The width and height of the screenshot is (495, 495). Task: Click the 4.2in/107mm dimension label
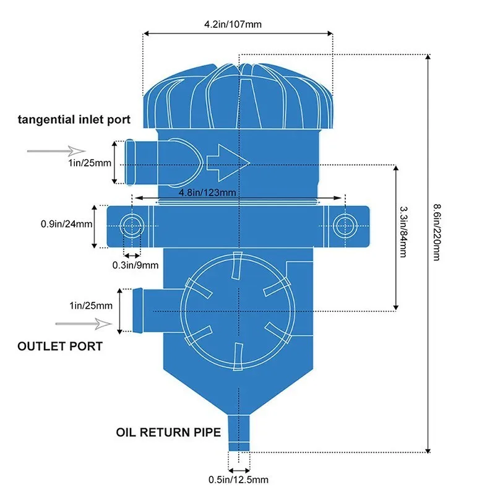(233, 24)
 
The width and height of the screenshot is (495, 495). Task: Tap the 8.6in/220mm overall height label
(437, 233)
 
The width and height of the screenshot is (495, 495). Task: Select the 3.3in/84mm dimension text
(403, 232)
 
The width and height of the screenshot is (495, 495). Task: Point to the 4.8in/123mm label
(207, 192)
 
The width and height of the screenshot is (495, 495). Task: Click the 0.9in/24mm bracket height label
(67, 224)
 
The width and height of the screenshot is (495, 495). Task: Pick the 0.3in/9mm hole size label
(136, 265)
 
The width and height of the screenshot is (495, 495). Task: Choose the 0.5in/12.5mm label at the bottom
(238, 480)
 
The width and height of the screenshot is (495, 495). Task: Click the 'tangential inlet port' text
(74, 119)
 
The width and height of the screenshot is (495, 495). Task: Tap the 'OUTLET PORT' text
(60, 346)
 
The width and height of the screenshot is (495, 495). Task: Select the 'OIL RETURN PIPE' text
(168, 432)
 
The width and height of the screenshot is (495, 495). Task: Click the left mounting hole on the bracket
(131, 226)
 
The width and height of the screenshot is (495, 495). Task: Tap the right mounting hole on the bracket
(345, 226)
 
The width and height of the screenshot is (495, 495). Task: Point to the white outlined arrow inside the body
(228, 163)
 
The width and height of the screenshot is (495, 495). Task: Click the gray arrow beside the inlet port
(56, 151)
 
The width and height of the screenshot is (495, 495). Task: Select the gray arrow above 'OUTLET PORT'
(84, 324)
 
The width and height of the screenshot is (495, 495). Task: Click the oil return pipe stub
(239, 433)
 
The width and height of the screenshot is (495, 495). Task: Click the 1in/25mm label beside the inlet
(90, 163)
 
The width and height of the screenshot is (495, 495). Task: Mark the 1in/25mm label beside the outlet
(91, 306)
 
